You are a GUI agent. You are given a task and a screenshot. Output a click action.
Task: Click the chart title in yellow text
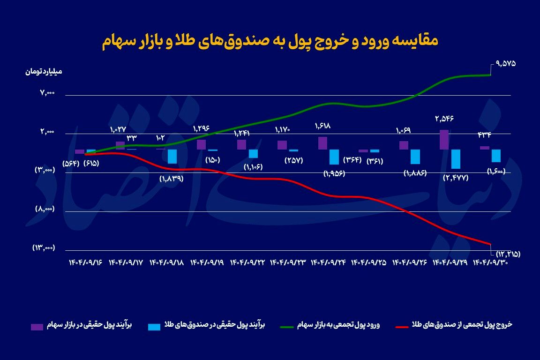click(x=270, y=41)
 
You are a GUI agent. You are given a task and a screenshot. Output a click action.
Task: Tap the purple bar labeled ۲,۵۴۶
click(x=444, y=140)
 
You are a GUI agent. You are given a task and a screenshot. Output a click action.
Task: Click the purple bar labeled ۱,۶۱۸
click(x=322, y=143)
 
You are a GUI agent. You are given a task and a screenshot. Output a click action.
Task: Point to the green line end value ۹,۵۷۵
click(x=505, y=63)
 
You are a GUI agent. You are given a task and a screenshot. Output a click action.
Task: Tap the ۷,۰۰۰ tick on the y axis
click(x=47, y=93)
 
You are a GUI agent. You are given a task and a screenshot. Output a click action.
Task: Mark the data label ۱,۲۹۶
click(x=201, y=128)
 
